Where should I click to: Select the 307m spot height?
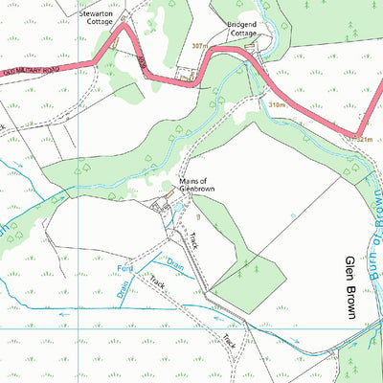coord(199,45)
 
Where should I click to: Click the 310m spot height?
coord(278,104)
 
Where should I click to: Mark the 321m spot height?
coord(362,140)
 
